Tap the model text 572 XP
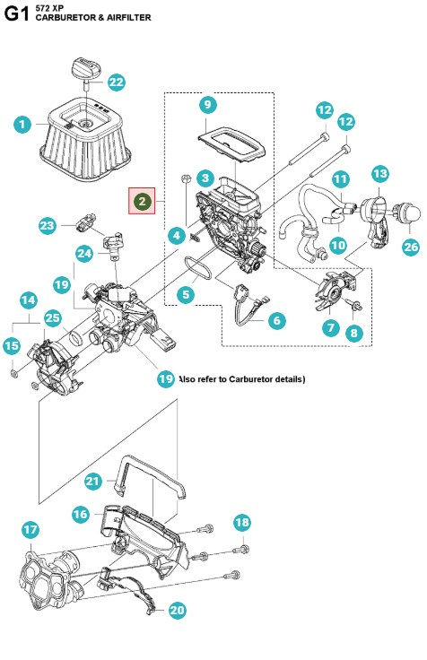coord(49,7)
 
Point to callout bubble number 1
coord(22,126)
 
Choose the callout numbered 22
coord(117,82)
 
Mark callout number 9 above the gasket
coord(206,105)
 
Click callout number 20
coord(178,611)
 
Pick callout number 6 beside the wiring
coord(275,319)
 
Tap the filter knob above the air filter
coord(85,68)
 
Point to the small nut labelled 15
coord(15,370)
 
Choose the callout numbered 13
coord(379,173)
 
